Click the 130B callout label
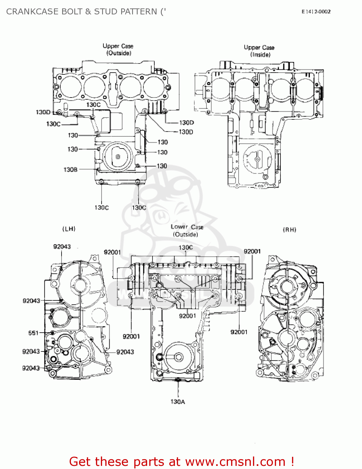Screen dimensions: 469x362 click(x=70, y=169)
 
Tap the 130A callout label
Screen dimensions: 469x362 click(x=178, y=402)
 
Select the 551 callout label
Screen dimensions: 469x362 click(x=33, y=333)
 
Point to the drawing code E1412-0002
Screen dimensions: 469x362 click(x=316, y=12)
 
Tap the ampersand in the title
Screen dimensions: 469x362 click(x=88, y=12)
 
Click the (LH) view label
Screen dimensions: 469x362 click(x=69, y=229)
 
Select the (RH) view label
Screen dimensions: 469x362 click(x=289, y=230)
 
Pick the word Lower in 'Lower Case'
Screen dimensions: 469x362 click(x=179, y=227)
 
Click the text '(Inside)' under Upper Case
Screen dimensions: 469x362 click(x=260, y=55)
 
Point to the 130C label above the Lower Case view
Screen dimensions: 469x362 click(x=186, y=247)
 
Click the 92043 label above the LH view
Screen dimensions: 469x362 click(x=62, y=247)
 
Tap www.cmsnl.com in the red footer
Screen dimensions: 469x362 click(x=235, y=461)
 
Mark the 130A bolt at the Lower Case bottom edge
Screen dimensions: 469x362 click(x=178, y=380)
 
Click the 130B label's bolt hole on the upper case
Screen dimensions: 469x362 click(x=98, y=169)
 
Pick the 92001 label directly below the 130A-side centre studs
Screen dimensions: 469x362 click(x=187, y=316)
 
